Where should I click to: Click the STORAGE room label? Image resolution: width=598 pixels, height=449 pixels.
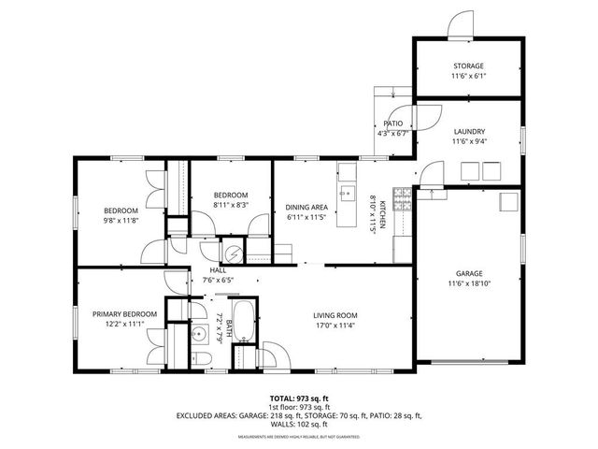click(468, 66)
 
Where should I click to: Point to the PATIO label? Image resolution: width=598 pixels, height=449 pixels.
click(393, 123)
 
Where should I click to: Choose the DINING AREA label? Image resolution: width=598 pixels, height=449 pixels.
click(306, 207)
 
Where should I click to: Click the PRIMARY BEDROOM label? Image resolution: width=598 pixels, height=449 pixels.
click(123, 313)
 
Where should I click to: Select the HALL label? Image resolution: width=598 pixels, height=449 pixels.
click(218, 269)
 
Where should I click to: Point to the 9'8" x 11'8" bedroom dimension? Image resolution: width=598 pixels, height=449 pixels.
click(121, 221)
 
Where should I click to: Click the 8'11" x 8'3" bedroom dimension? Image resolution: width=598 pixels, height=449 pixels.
click(230, 205)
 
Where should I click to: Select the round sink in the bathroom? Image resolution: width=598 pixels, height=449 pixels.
click(197, 333)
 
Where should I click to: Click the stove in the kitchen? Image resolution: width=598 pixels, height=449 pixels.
click(403, 199)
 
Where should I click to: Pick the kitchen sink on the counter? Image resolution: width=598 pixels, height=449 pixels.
click(347, 195)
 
